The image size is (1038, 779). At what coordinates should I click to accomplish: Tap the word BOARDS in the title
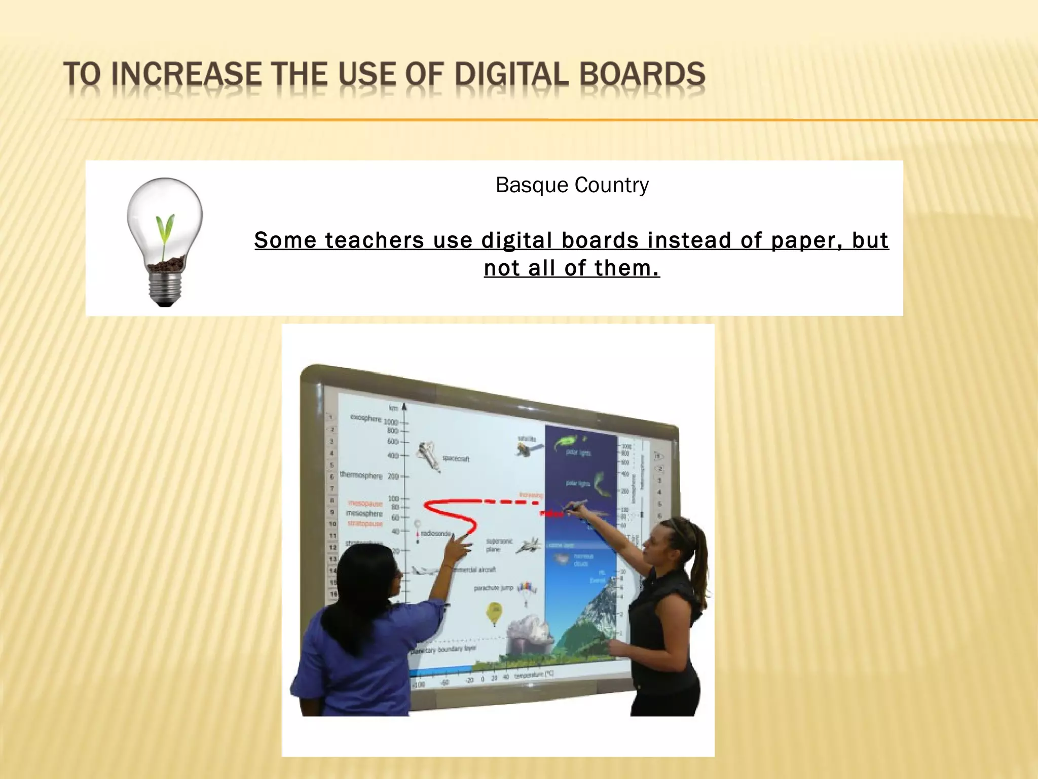[x=642, y=74]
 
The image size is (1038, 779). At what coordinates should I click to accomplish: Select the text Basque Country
[x=572, y=185]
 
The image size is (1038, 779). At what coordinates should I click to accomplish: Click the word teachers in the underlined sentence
[x=374, y=240]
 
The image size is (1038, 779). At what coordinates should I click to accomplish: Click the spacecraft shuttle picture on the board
[x=429, y=456]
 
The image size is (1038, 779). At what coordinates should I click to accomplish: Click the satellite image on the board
[x=527, y=448]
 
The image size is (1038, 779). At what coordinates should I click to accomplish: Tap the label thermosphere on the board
[x=361, y=475]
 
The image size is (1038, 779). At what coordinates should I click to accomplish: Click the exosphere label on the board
[x=365, y=418]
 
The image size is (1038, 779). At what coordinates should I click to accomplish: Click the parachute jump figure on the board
[x=527, y=591]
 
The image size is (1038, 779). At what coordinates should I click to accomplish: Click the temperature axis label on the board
[x=534, y=675]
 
